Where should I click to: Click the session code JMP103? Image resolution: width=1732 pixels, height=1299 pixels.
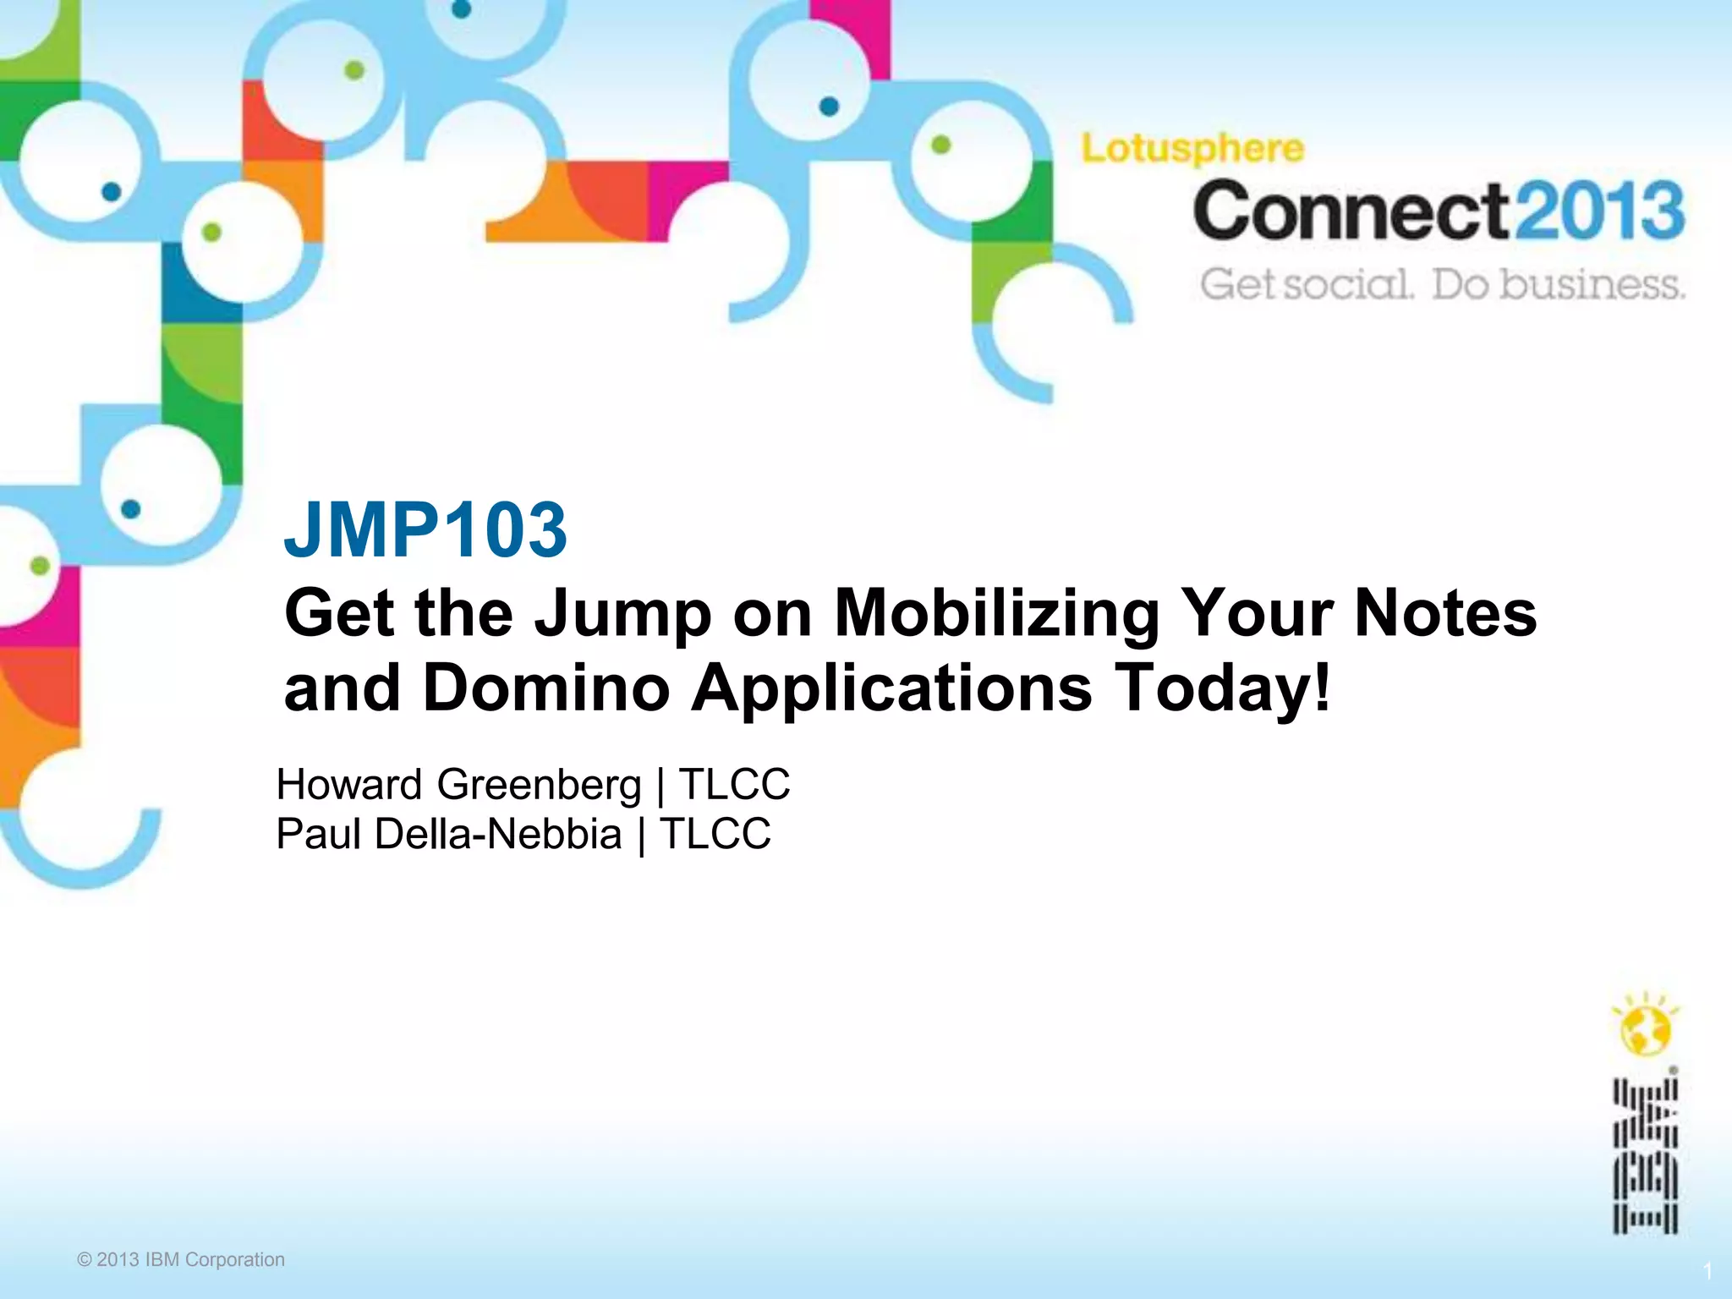(x=425, y=530)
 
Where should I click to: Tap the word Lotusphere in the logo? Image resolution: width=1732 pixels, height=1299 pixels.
(x=1192, y=150)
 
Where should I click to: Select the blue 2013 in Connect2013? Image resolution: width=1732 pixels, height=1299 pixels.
(x=1598, y=211)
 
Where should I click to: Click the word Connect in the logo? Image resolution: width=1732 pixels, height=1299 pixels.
(x=1351, y=211)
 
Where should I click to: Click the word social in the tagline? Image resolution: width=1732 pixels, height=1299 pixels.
(x=1348, y=285)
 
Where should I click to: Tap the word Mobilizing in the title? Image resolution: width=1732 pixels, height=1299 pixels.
(x=997, y=614)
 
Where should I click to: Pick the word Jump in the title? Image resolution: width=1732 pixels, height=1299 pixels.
(x=623, y=614)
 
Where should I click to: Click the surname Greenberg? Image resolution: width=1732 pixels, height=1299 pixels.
(x=539, y=785)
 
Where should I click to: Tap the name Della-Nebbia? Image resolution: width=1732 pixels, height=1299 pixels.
(x=498, y=834)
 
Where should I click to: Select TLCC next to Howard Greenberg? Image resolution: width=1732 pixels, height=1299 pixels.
(x=734, y=785)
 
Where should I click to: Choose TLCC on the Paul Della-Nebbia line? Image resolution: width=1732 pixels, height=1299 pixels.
(x=715, y=834)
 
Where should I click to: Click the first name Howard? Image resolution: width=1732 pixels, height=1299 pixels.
(x=349, y=785)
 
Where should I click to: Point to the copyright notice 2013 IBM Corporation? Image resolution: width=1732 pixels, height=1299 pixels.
(x=181, y=1260)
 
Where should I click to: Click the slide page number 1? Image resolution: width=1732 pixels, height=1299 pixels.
(x=1707, y=1272)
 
